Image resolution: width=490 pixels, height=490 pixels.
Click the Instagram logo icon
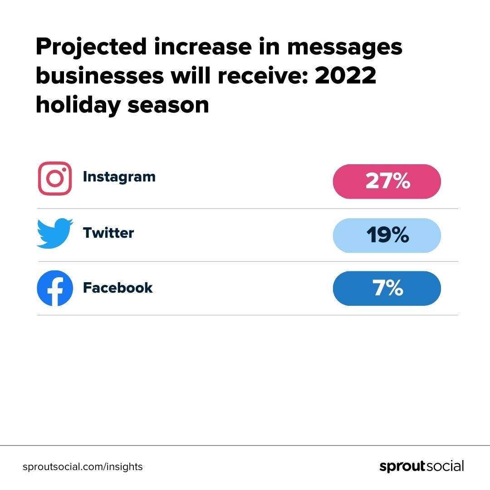pyautogui.click(x=54, y=179)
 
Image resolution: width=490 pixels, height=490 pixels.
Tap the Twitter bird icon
pyautogui.click(x=54, y=233)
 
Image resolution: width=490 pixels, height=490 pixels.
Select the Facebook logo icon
pyautogui.click(x=54, y=288)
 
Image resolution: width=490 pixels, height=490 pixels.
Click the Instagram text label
pyautogui.click(x=119, y=176)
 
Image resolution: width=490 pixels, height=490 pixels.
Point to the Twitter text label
pyautogui.click(x=108, y=233)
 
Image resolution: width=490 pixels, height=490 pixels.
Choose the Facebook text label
pyautogui.click(x=118, y=288)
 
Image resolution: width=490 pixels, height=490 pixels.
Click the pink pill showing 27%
pyautogui.click(x=387, y=181)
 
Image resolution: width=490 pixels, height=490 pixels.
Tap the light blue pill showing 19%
pyautogui.click(x=387, y=235)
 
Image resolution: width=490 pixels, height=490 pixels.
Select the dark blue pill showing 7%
pyautogui.click(x=387, y=289)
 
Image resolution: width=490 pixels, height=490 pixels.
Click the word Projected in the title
pyautogui.click(x=91, y=48)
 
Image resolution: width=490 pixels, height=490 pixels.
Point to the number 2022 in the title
pyautogui.click(x=346, y=76)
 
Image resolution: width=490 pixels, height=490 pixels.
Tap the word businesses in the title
pyautogui.click(x=99, y=76)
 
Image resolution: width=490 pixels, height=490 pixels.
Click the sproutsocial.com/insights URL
pyautogui.click(x=83, y=466)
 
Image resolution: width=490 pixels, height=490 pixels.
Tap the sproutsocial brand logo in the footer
pyautogui.click(x=421, y=466)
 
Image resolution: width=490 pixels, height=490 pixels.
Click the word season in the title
pyautogui.click(x=168, y=105)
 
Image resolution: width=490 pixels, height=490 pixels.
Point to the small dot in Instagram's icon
pyautogui.click(x=64, y=170)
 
